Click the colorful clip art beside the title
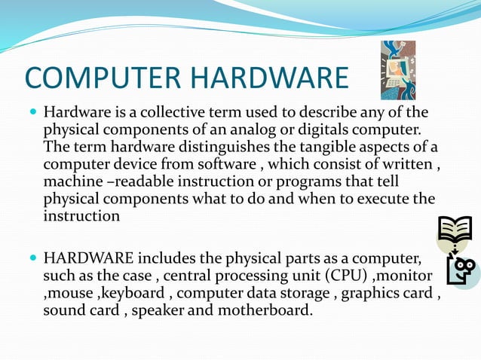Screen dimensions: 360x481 click(397, 71)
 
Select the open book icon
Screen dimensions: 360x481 click(455, 230)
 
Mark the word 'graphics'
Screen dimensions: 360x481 click(373, 293)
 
